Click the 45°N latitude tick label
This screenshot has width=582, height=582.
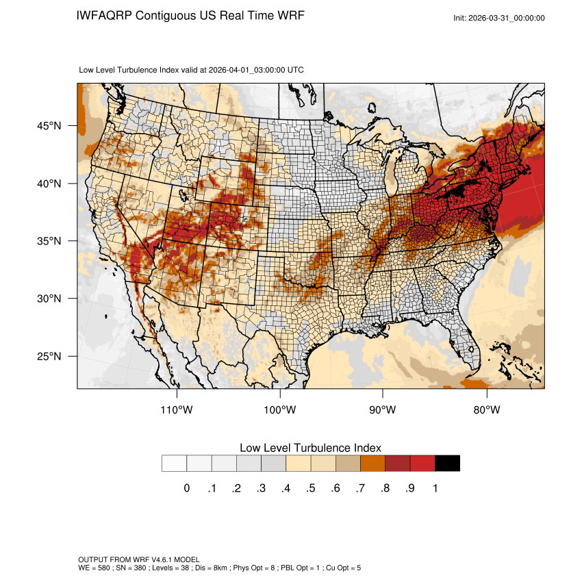coord(49,126)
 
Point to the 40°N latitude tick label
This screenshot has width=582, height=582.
coord(49,184)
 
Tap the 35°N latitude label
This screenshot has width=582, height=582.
coord(49,241)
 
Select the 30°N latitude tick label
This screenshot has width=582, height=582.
coord(49,299)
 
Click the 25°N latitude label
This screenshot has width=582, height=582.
coord(49,356)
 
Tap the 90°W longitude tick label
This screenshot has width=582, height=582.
coord(383,410)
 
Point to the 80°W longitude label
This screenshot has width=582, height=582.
coord(486,410)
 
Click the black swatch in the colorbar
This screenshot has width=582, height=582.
coord(447,464)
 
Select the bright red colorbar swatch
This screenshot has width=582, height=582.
coord(422,464)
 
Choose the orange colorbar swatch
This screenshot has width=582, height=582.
coord(373,464)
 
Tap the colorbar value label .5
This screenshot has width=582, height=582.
coord(311,488)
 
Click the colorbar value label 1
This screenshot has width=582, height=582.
coord(435,488)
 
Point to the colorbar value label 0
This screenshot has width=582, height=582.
coord(186,488)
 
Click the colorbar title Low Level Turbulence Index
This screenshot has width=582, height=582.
coord(310,447)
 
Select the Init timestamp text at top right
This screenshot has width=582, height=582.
coord(499,18)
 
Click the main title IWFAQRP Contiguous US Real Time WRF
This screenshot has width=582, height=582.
coord(191,16)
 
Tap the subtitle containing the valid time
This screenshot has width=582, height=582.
coord(192,70)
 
